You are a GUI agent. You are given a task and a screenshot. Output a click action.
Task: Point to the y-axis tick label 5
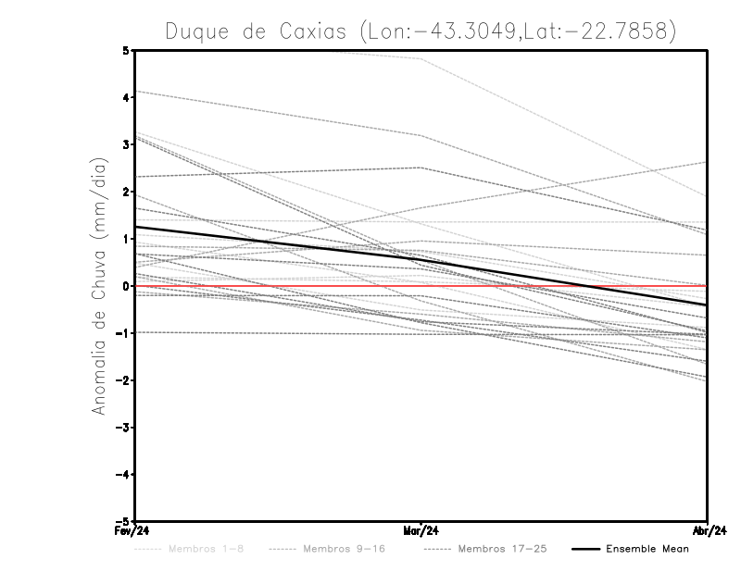(126, 50)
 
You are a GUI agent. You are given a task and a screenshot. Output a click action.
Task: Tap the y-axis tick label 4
(126, 97)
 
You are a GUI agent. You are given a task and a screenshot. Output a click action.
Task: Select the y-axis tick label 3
(126, 144)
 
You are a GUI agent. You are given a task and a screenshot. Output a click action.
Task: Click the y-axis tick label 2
(126, 192)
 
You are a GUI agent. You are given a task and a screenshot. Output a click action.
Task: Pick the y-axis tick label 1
(126, 239)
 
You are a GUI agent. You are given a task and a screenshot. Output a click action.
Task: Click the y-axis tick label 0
(126, 286)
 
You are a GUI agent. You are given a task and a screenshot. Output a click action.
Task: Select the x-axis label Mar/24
(421, 531)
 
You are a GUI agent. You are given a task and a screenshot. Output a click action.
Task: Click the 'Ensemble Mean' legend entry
(647, 549)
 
